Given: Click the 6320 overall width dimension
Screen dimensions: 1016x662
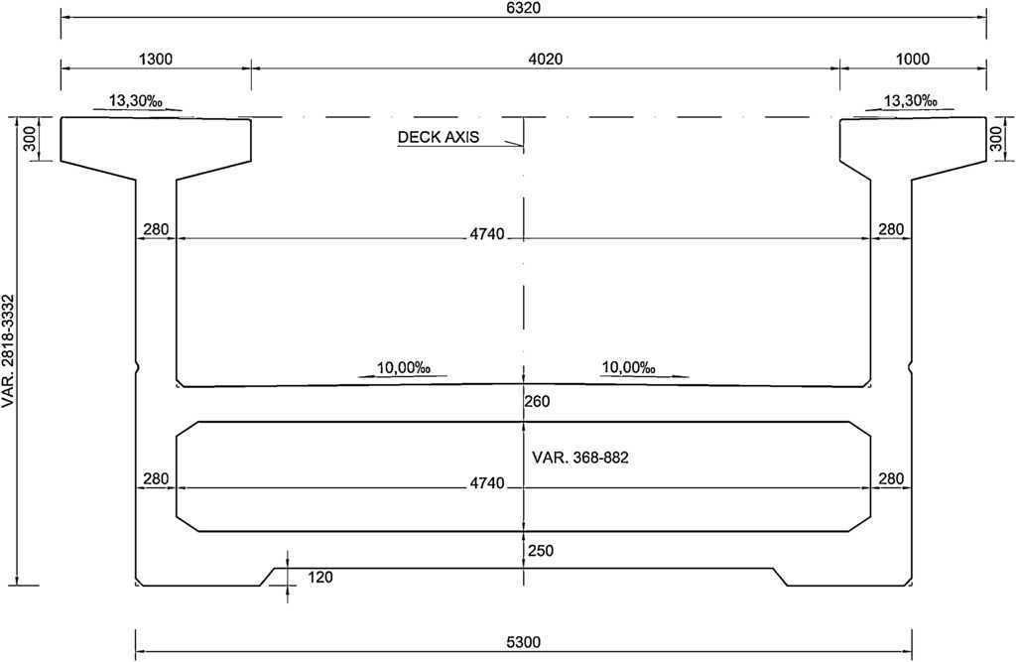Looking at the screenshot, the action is pos(524,8).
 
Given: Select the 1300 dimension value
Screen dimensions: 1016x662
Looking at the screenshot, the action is pos(156,59).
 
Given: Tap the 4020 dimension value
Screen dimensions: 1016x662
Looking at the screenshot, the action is pos(546,59).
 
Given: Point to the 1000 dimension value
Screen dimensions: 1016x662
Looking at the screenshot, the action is pos(913,59).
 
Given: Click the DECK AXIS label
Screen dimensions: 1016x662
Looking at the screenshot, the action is pos(438,137).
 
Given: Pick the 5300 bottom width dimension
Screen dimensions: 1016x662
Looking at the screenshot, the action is pos(524,642).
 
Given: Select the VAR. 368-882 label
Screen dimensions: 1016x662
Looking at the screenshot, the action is pos(579,458).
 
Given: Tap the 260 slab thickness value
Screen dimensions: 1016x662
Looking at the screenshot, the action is pos(537,401).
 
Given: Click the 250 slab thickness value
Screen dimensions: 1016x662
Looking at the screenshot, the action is pos(541,551).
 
